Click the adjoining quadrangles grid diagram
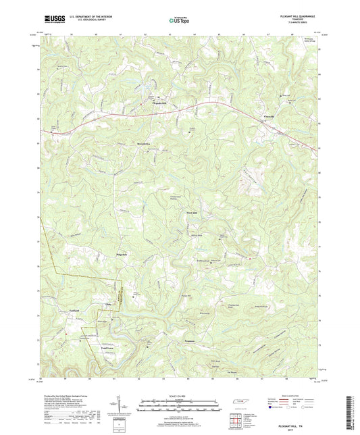(x=237, y=418)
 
